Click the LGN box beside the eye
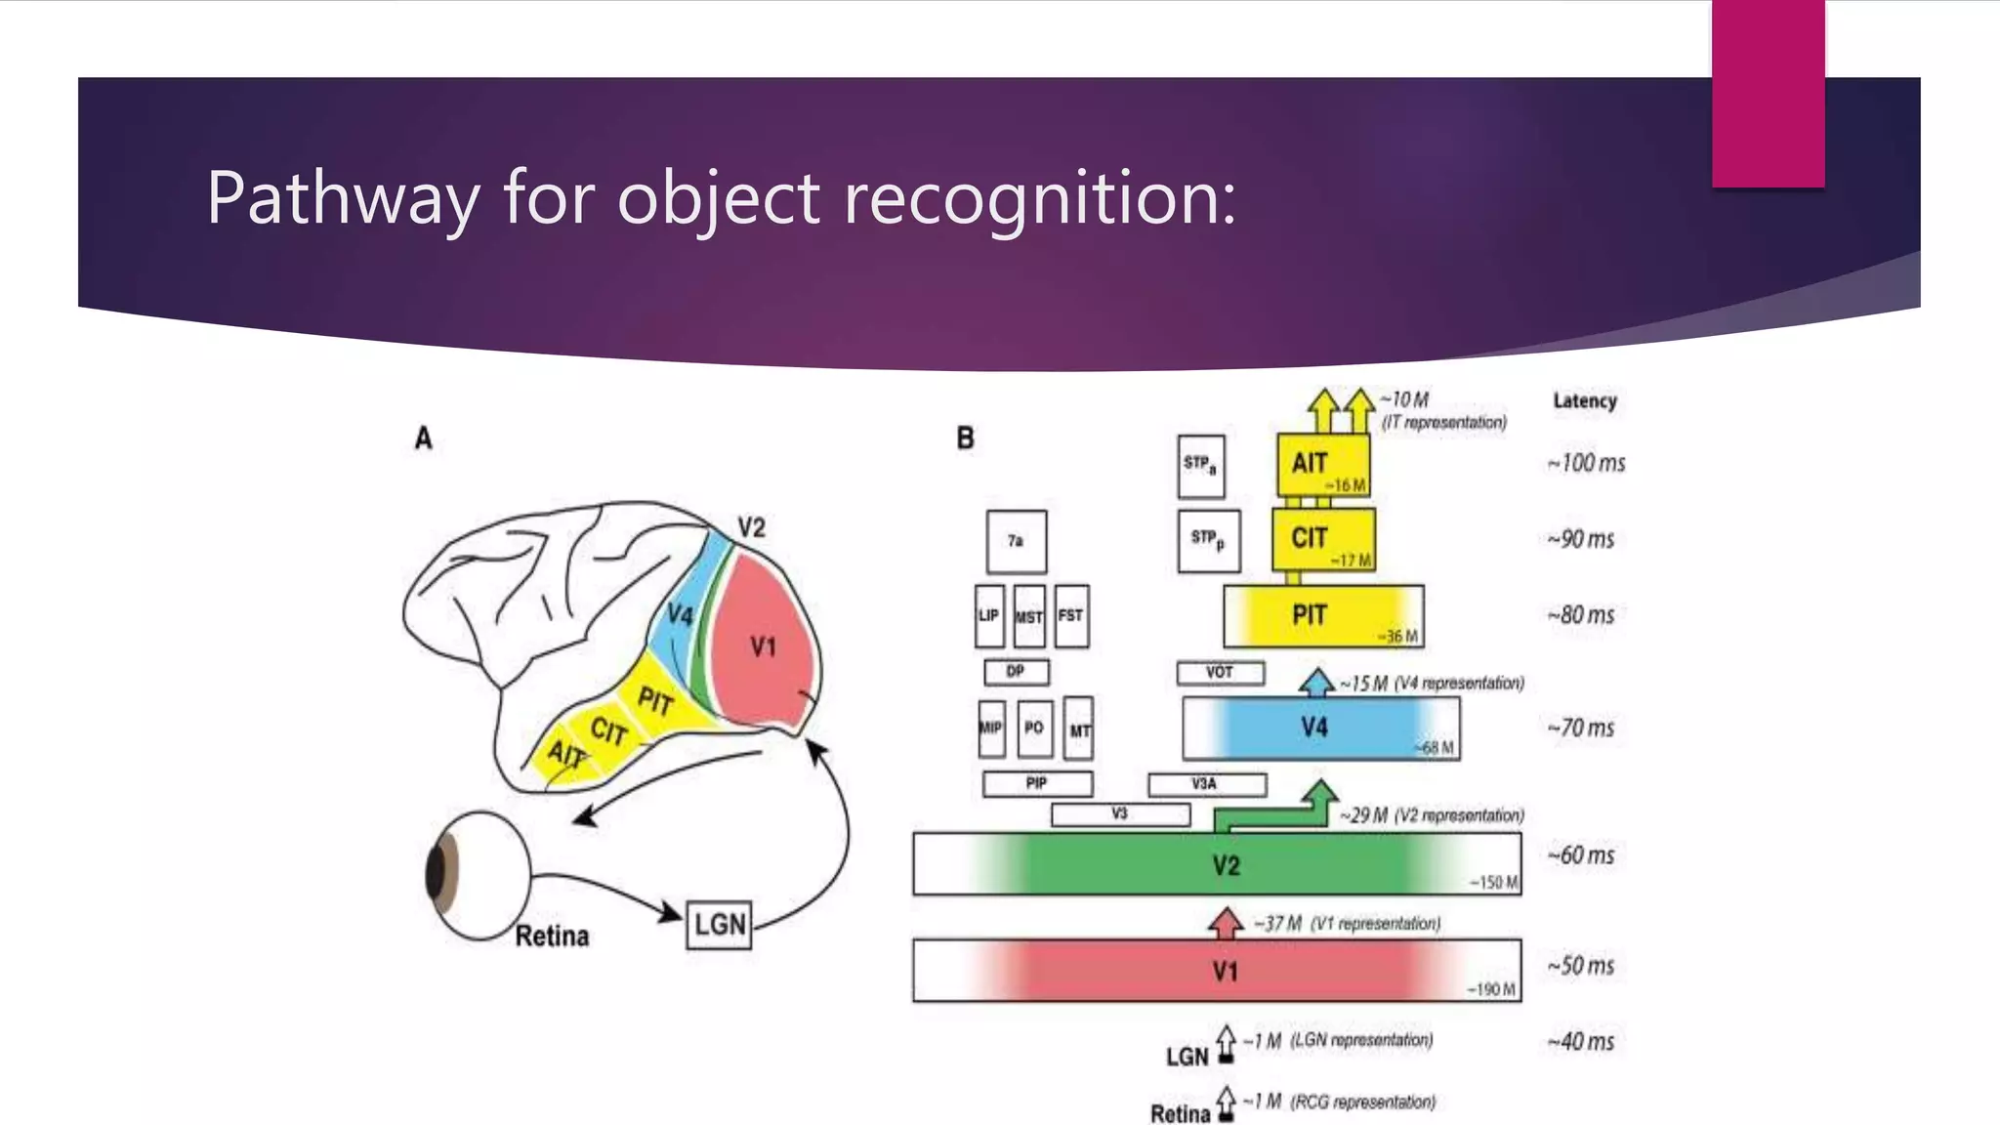[720, 924]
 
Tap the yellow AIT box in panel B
[1323, 465]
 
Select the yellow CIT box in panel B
[1323, 539]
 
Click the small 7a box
[1016, 541]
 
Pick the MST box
[1029, 616]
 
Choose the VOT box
[1220, 673]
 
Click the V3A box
[1206, 784]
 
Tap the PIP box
[1037, 783]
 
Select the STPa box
[1200, 466]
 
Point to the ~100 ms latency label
[1586, 463]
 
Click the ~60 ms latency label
[1581, 855]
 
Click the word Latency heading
[1585, 400]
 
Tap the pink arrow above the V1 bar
[1226, 922]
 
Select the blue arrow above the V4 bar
[1316, 681]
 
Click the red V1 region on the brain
[762, 645]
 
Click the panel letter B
[965, 438]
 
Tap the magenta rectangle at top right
[1768, 93]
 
